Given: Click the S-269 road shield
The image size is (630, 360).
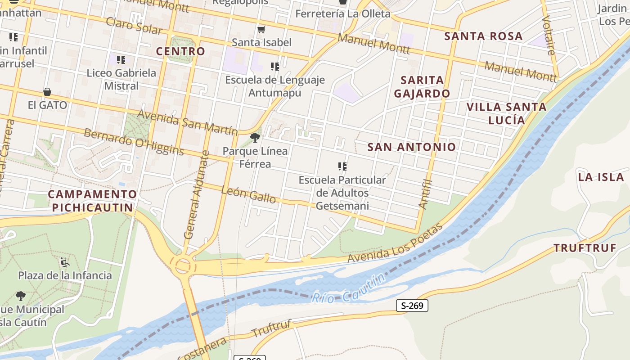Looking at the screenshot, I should pos(412,306).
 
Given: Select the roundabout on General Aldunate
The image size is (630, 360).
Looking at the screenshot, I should pos(183,265).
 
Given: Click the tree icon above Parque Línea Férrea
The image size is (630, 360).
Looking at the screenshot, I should pos(255,138).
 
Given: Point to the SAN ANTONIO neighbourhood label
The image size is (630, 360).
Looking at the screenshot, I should pos(411,147).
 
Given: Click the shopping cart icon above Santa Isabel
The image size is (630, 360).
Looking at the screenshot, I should pos(261,30).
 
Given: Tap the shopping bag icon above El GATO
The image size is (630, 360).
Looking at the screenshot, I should pos(47,92).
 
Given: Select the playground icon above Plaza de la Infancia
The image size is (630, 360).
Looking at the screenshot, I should pos(65,261).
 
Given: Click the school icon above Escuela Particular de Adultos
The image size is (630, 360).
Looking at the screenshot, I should pos(342,166).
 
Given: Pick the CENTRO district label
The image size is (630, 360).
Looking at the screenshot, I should pos(180,51).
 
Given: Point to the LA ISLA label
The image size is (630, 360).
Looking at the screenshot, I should pos(601,177).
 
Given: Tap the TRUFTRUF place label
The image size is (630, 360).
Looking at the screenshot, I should pos(585,248).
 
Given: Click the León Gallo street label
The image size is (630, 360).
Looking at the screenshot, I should pos(249,194).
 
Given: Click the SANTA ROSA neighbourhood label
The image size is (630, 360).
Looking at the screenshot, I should pos(483,36).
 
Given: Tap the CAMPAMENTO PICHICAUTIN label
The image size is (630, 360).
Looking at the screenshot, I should pos(92,201).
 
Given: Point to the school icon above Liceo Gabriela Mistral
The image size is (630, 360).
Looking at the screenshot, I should pos(121,59).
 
